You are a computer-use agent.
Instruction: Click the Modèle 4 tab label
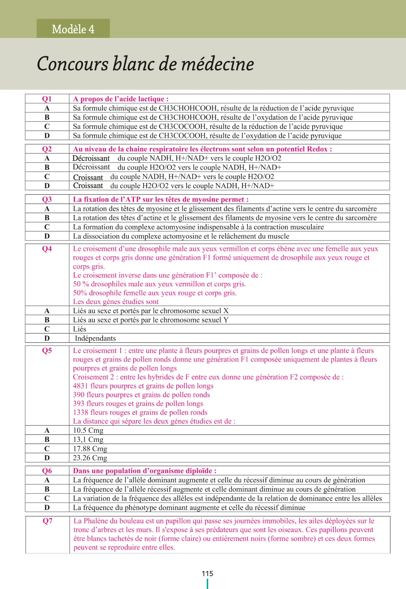tap(73, 29)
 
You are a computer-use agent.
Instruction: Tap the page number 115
tap(207, 573)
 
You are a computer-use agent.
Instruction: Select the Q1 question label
tap(47, 99)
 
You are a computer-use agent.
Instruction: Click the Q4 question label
tap(47, 248)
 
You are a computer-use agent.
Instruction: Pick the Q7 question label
tap(47, 521)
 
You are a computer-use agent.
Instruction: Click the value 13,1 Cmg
tap(88, 439)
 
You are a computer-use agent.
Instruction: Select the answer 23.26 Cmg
tap(90, 458)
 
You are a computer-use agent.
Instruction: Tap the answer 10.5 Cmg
tap(88, 430)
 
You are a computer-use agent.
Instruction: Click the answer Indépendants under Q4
tap(95, 338)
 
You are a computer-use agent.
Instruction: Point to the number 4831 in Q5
tap(80, 386)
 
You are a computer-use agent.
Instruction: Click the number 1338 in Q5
tap(80, 412)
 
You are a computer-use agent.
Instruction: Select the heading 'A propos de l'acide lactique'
tap(121, 99)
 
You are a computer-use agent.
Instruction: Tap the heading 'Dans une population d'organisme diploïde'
tap(144, 470)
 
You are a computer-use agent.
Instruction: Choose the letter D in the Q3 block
tap(47, 236)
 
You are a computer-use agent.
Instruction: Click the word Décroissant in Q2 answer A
tap(91, 158)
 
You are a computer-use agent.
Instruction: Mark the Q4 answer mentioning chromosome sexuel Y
tap(151, 320)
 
